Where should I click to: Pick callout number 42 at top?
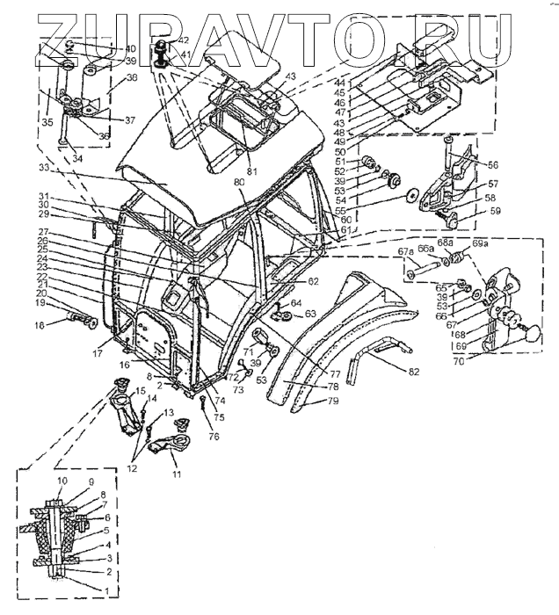click(x=182, y=40)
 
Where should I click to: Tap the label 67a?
click(x=405, y=253)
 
